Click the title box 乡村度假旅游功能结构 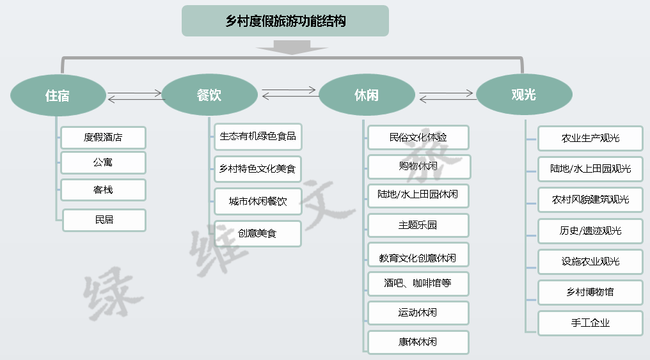click(x=285, y=20)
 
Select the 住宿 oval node click(x=58, y=95)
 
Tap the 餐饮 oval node click(x=209, y=95)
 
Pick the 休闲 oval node click(x=367, y=95)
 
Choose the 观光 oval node click(x=524, y=95)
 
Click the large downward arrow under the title click(x=292, y=47)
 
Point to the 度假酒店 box click(x=103, y=137)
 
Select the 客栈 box click(x=103, y=190)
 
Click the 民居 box click(x=104, y=220)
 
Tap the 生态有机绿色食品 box click(x=258, y=137)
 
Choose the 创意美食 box click(x=257, y=233)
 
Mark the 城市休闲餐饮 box click(x=258, y=201)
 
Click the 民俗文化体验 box click(x=418, y=137)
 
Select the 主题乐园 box click(x=418, y=225)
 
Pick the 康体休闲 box click(x=418, y=342)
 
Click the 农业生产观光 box click(x=591, y=138)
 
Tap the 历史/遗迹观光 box click(x=591, y=231)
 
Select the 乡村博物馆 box click(x=591, y=292)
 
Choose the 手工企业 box click(x=591, y=323)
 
